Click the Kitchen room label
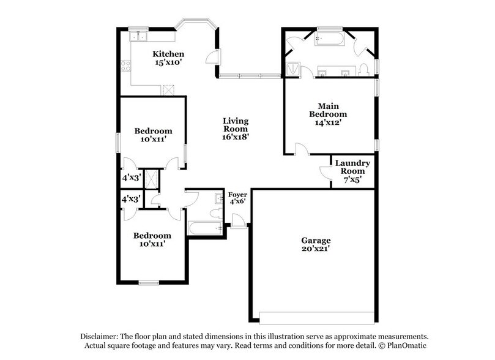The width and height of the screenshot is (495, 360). click(x=168, y=54)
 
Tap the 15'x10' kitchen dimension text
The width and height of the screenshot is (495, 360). click(x=168, y=62)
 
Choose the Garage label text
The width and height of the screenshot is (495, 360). click(x=316, y=241)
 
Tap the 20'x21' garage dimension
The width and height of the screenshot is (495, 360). click(x=316, y=250)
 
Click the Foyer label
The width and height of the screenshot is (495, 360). click(x=237, y=195)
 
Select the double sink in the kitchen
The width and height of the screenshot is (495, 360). click(x=138, y=36)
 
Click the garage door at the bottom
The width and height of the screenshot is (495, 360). click(x=317, y=317)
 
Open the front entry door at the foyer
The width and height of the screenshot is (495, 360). click(x=239, y=222)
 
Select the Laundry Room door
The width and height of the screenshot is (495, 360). click(x=325, y=172)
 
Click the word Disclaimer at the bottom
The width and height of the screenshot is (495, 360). click(x=102, y=337)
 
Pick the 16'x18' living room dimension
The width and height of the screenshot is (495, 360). click(x=235, y=138)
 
